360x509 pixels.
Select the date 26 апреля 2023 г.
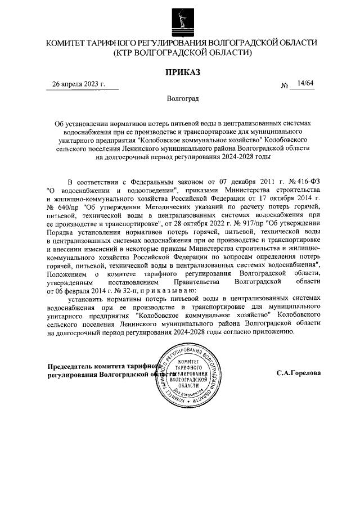[x=79, y=84]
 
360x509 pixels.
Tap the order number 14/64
[x=306, y=84]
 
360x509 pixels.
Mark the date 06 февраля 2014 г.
[x=74, y=291]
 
